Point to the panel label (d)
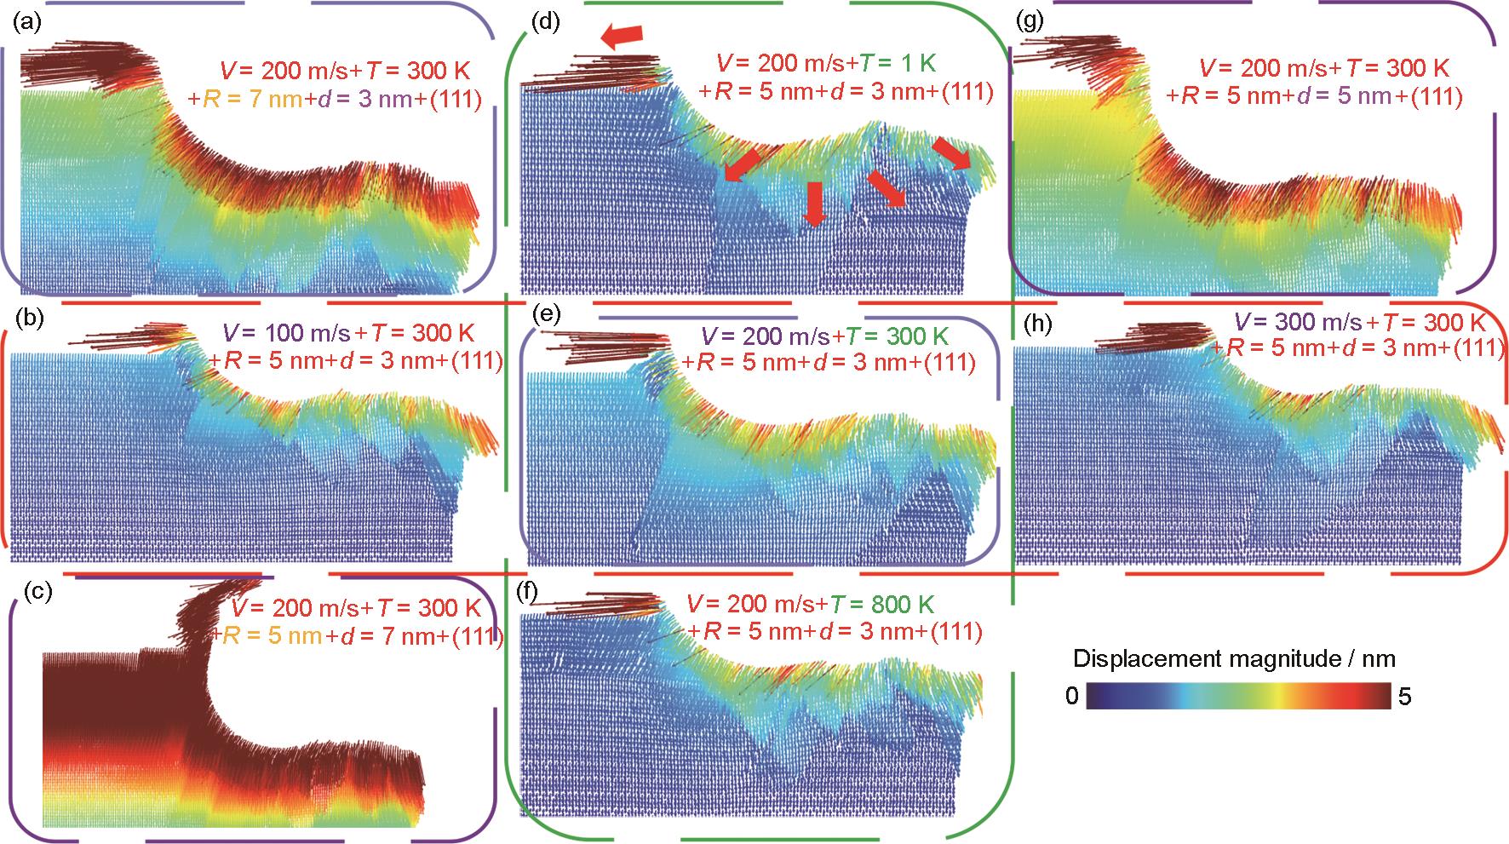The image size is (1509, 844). [544, 23]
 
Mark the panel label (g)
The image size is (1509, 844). [1032, 23]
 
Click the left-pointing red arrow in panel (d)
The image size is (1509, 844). [622, 35]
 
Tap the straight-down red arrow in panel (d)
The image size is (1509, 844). [815, 204]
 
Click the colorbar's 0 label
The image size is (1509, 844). [1071, 697]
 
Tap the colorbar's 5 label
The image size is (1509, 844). [1405, 697]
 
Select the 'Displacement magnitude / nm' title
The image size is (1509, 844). [1234, 658]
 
